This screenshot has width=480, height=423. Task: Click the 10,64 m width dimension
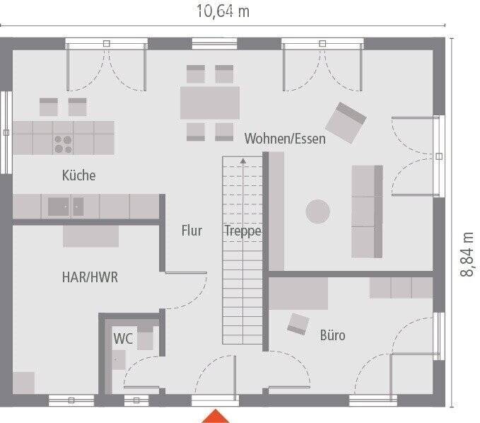(x=222, y=12)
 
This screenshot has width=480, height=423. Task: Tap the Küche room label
(x=78, y=175)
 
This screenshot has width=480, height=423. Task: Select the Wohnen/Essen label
(x=285, y=139)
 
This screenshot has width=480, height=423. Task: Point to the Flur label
(x=192, y=231)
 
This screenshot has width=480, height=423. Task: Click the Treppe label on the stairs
(x=243, y=231)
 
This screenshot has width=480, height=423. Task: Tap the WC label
(x=123, y=338)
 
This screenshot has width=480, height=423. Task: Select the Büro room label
(x=332, y=335)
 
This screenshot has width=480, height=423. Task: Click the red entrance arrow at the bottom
(x=216, y=416)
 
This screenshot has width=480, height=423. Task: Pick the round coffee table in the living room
(x=317, y=211)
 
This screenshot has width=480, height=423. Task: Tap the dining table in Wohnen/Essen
(x=210, y=103)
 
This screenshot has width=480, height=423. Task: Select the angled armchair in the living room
(x=350, y=123)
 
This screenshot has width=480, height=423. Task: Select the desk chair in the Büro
(x=298, y=323)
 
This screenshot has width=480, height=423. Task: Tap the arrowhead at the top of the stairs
(x=242, y=161)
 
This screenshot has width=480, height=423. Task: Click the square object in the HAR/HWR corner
(x=23, y=382)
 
